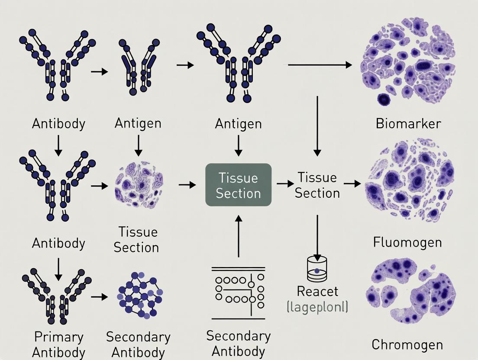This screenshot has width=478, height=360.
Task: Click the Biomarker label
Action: tap(408, 124)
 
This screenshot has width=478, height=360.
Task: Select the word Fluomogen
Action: tap(407, 242)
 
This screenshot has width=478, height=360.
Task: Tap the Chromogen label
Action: tap(407, 345)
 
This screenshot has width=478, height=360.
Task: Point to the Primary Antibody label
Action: tap(58, 344)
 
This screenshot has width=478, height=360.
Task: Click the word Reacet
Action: tap(317, 291)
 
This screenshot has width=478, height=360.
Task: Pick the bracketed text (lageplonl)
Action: tap(317, 307)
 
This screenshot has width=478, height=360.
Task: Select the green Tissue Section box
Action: tap(238, 185)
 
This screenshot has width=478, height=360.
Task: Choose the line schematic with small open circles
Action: tap(238, 287)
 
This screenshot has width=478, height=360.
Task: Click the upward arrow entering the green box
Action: tap(238, 236)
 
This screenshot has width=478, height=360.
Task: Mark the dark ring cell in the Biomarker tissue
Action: tap(384, 100)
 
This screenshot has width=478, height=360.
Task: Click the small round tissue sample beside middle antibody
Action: tap(139, 188)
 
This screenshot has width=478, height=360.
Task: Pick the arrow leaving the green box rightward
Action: tap(285, 184)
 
